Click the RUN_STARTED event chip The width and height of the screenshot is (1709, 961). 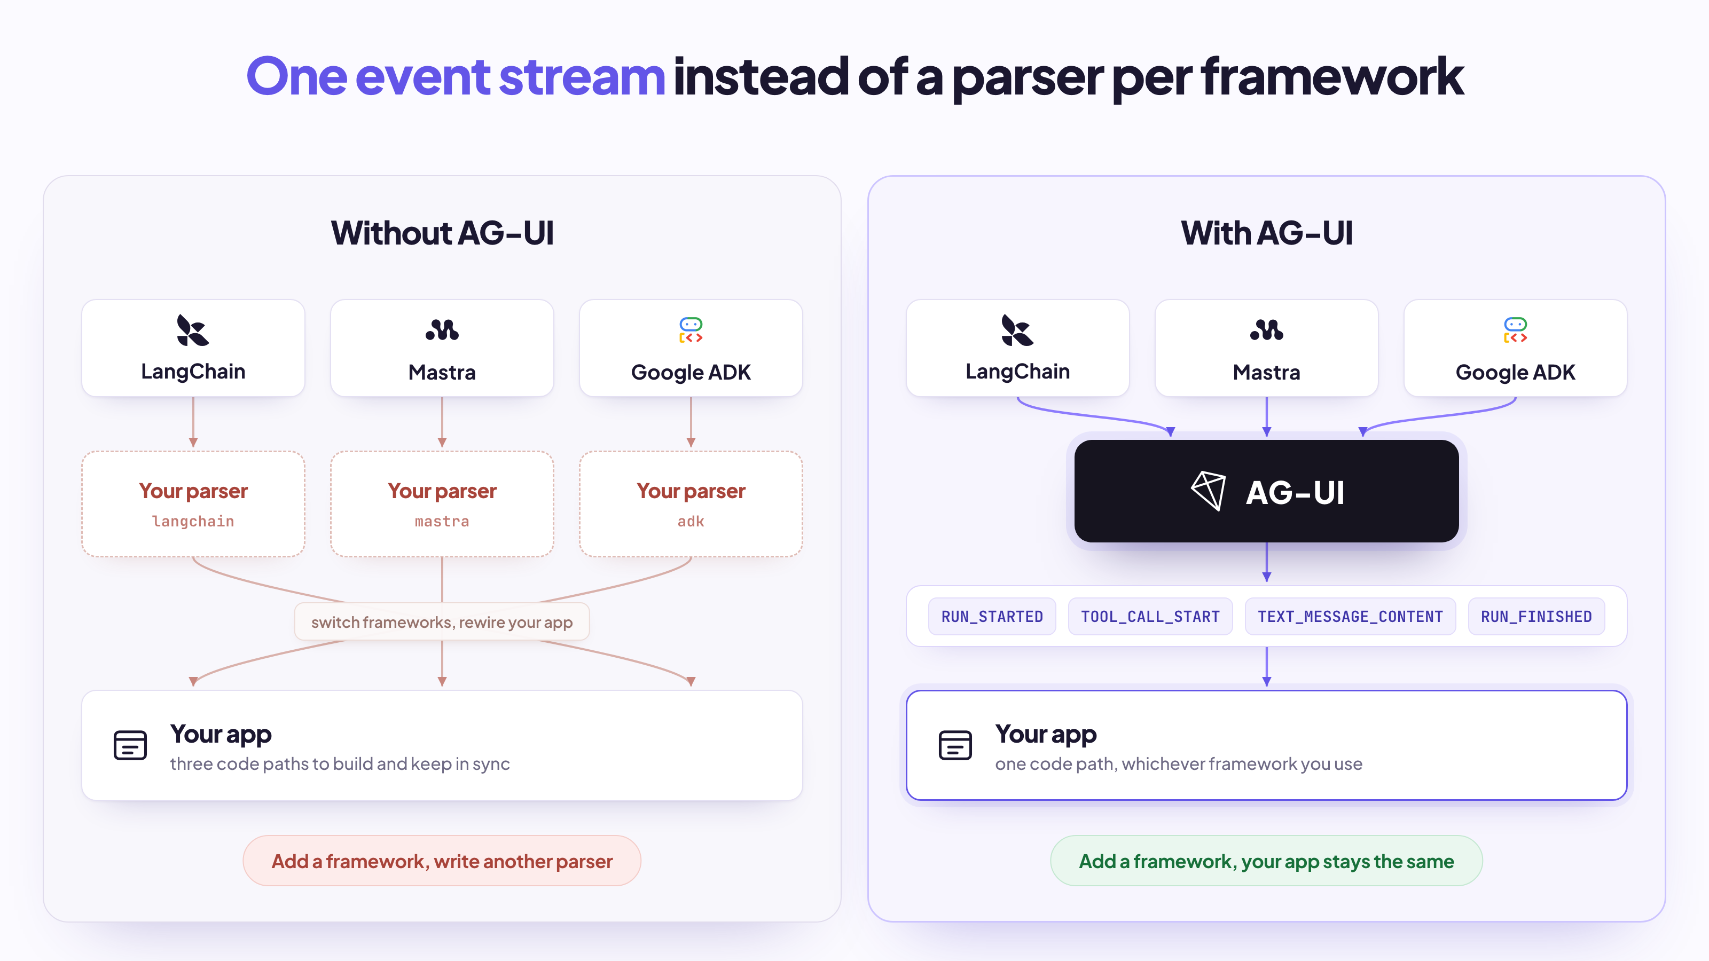pyautogui.click(x=992, y=616)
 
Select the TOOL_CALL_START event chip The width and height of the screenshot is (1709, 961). pyautogui.click(x=1150, y=616)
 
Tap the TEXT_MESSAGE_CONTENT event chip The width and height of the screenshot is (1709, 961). pyautogui.click(x=1350, y=616)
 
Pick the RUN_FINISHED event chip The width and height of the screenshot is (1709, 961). pyautogui.click(x=1536, y=616)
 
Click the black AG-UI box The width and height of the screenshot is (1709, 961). pyautogui.click(x=1266, y=491)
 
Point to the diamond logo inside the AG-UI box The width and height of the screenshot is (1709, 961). pyautogui.click(x=1208, y=491)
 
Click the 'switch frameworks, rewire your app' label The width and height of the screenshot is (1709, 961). pyautogui.click(x=442, y=622)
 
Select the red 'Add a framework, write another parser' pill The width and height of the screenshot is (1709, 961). pyautogui.click(x=442, y=861)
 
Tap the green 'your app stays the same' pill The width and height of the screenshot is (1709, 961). pyautogui.click(x=1266, y=861)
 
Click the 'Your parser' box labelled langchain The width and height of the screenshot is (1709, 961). pyautogui.click(x=193, y=504)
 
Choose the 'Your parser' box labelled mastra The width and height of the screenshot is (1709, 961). pyautogui.click(x=442, y=504)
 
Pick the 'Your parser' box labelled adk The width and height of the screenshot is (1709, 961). pyautogui.click(x=691, y=504)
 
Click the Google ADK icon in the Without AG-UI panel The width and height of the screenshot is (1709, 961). pyautogui.click(x=691, y=329)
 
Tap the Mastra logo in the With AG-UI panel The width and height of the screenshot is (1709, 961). pyautogui.click(x=1266, y=329)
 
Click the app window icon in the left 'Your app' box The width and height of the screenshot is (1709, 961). pyautogui.click(x=130, y=745)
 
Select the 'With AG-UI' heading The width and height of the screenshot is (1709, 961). pyautogui.click(x=1266, y=233)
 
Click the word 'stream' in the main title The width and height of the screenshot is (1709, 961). pyautogui.click(x=582, y=77)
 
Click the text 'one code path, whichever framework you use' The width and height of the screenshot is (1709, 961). pyautogui.click(x=1178, y=764)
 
